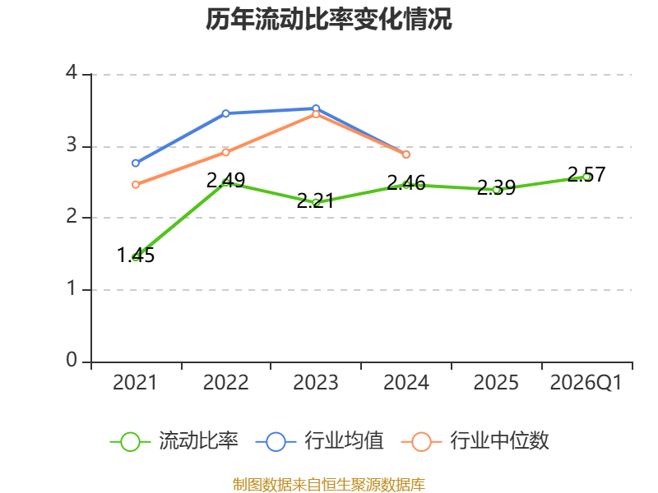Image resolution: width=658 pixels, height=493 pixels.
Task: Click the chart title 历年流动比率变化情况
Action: pyautogui.click(x=328, y=19)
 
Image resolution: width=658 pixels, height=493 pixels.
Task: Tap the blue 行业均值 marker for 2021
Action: pyautogui.click(x=136, y=163)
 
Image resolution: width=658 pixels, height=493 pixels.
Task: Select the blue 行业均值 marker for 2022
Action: pyautogui.click(x=225, y=113)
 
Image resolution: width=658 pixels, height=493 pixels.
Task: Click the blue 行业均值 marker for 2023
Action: pyautogui.click(x=316, y=108)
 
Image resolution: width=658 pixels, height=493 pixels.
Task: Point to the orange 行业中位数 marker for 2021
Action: pyautogui.click(x=136, y=185)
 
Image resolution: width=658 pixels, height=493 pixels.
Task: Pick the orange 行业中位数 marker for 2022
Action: pyautogui.click(x=225, y=152)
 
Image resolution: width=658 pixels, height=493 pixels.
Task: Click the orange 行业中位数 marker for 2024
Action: pyautogui.click(x=406, y=154)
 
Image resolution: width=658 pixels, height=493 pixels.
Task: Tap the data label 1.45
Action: pyautogui.click(x=136, y=255)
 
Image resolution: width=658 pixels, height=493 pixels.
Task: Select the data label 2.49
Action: pyautogui.click(x=225, y=180)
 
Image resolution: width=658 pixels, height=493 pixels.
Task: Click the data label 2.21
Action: pyautogui.click(x=316, y=200)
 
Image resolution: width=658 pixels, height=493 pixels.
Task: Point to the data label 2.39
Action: pyautogui.click(x=497, y=187)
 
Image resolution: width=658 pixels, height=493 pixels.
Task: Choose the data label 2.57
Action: pyautogui.click(x=586, y=174)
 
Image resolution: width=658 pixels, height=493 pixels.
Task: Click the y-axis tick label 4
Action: pyautogui.click(x=72, y=72)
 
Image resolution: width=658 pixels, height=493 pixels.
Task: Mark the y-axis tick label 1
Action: pyautogui.click(x=72, y=288)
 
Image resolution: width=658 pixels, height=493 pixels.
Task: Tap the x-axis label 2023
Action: pyautogui.click(x=316, y=382)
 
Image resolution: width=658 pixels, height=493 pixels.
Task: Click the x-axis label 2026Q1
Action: pyautogui.click(x=586, y=382)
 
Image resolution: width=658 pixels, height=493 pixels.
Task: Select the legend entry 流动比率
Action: pyautogui.click(x=174, y=441)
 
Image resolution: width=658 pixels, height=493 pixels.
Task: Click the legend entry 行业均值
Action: pyautogui.click(x=320, y=441)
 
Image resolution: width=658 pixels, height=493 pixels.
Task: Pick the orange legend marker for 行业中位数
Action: pyautogui.click(x=421, y=442)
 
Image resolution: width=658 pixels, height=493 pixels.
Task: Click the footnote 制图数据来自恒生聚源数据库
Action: pyautogui.click(x=329, y=485)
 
